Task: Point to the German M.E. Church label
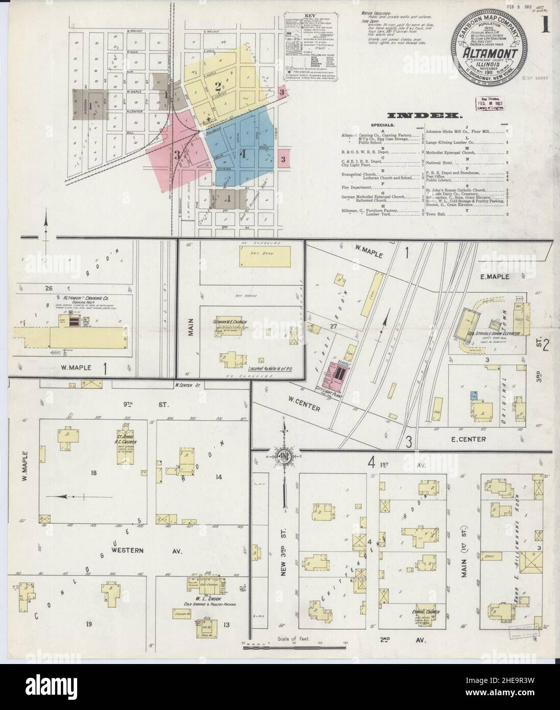click(x=230, y=322)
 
